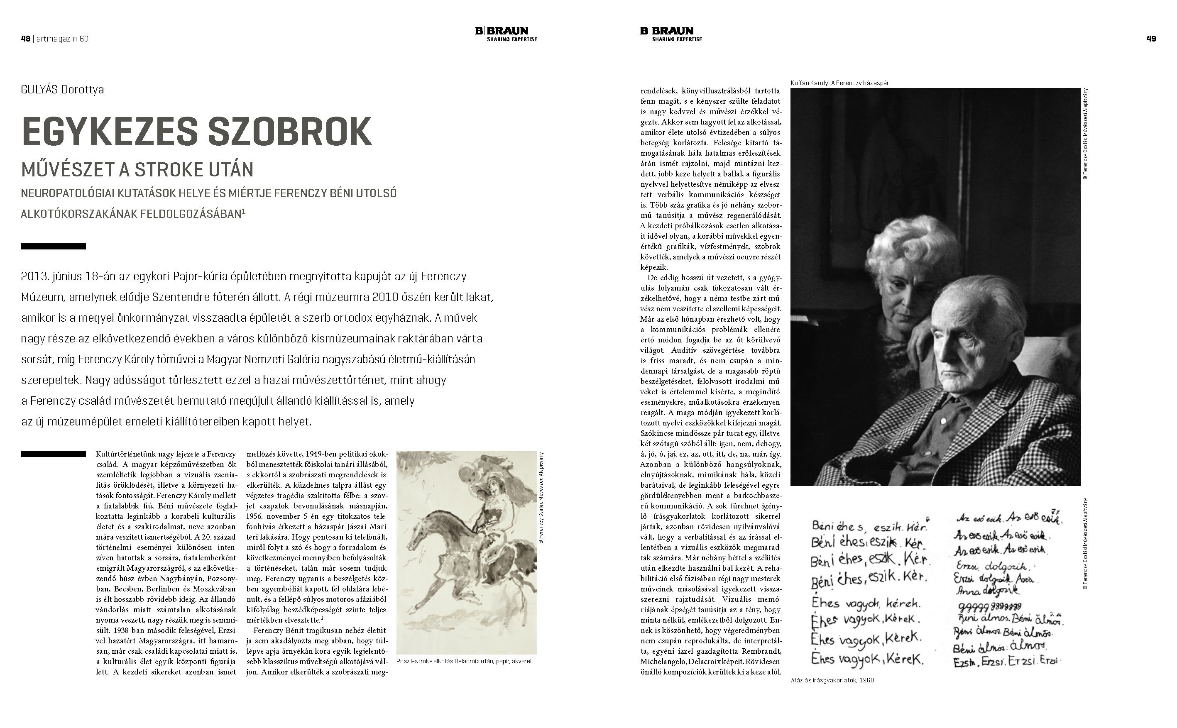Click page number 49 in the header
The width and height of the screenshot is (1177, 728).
click(1151, 39)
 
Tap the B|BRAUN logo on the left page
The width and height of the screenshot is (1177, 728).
click(505, 34)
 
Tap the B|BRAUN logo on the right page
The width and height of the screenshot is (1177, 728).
click(670, 34)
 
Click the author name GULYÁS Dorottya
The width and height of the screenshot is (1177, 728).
click(62, 90)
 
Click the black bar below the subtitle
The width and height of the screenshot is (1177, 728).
click(53, 247)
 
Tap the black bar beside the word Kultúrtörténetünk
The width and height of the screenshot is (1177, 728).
click(53, 454)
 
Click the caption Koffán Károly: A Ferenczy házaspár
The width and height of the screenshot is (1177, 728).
click(839, 83)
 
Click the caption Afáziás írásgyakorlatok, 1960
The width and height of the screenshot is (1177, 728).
click(832, 680)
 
